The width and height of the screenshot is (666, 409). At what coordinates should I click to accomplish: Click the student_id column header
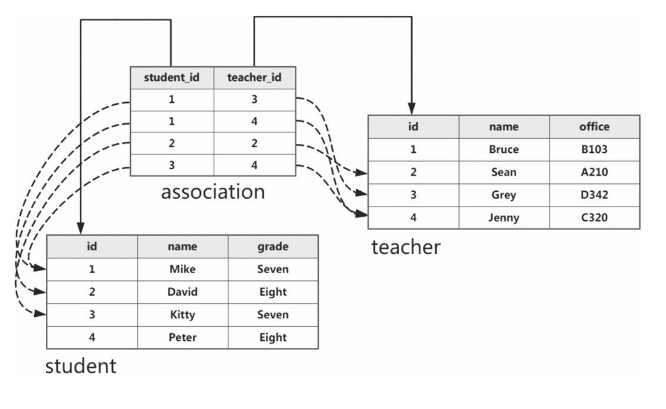(171, 77)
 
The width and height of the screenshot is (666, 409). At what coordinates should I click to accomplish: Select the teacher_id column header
(254, 77)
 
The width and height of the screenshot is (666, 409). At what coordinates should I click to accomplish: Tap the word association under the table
(213, 192)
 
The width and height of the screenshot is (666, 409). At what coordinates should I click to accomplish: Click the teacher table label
(405, 247)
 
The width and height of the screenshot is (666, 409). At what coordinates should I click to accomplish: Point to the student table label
(81, 366)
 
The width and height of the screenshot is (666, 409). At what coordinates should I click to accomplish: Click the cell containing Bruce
(504, 149)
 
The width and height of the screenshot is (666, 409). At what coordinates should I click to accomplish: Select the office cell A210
(594, 172)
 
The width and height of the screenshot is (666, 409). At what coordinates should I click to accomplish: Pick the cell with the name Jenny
(504, 218)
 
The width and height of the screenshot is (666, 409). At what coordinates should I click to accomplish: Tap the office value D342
(594, 195)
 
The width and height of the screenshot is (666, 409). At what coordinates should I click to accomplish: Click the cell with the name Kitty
(182, 315)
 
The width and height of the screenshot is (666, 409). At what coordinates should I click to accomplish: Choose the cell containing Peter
(182, 337)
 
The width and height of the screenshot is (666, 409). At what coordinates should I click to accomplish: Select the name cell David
(182, 292)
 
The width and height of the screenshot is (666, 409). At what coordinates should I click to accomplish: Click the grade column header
(273, 246)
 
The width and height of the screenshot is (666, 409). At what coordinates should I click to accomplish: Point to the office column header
(594, 127)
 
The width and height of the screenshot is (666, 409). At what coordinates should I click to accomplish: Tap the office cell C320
(594, 218)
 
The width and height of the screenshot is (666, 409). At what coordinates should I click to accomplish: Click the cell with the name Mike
(182, 269)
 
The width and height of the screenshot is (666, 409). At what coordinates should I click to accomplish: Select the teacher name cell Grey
(504, 195)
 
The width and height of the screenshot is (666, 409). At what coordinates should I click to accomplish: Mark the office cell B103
(594, 149)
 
